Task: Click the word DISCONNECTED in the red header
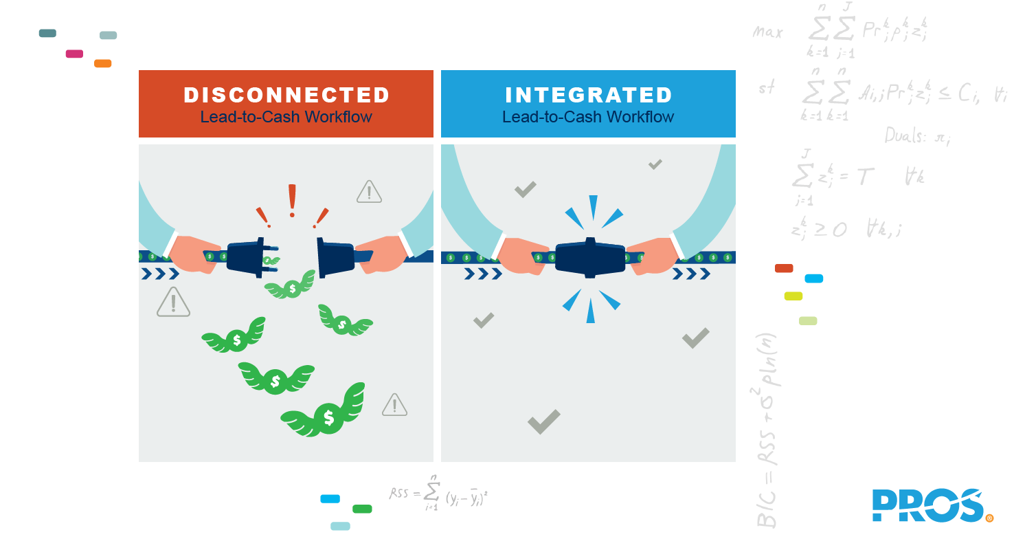coord(286,95)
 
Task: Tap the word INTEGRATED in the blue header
coord(588,95)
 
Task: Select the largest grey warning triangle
coord(173,302)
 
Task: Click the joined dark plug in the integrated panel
coord(589,258)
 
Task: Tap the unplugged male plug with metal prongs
coord(247,257)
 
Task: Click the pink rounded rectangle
coord(74,54)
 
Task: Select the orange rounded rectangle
coord(102,63)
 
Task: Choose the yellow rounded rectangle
coord(793,296)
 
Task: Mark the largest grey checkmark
coord(543,421)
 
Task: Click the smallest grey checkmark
coord(655,164)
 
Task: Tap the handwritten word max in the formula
coord(767,32)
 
